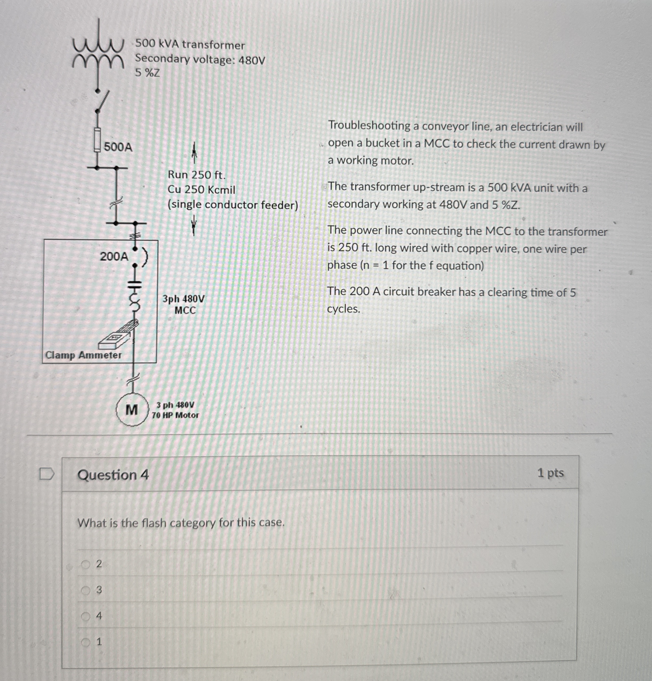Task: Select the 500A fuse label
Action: pos(118,147)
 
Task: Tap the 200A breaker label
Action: pos(114,257)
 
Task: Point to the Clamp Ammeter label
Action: pos(83,355)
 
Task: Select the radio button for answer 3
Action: pos(85,590)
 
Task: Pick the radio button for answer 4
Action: pos(85,616)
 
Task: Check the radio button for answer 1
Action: pos(85,642)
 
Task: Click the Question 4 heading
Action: pos(113,475)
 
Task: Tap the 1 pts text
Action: pos(550,473)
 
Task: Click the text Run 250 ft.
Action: pos(197,175)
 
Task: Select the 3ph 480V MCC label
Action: pos(184,304)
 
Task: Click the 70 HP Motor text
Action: pos(175,415)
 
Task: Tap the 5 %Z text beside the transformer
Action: pos(147,73)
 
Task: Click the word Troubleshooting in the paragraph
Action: pos(369,126)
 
